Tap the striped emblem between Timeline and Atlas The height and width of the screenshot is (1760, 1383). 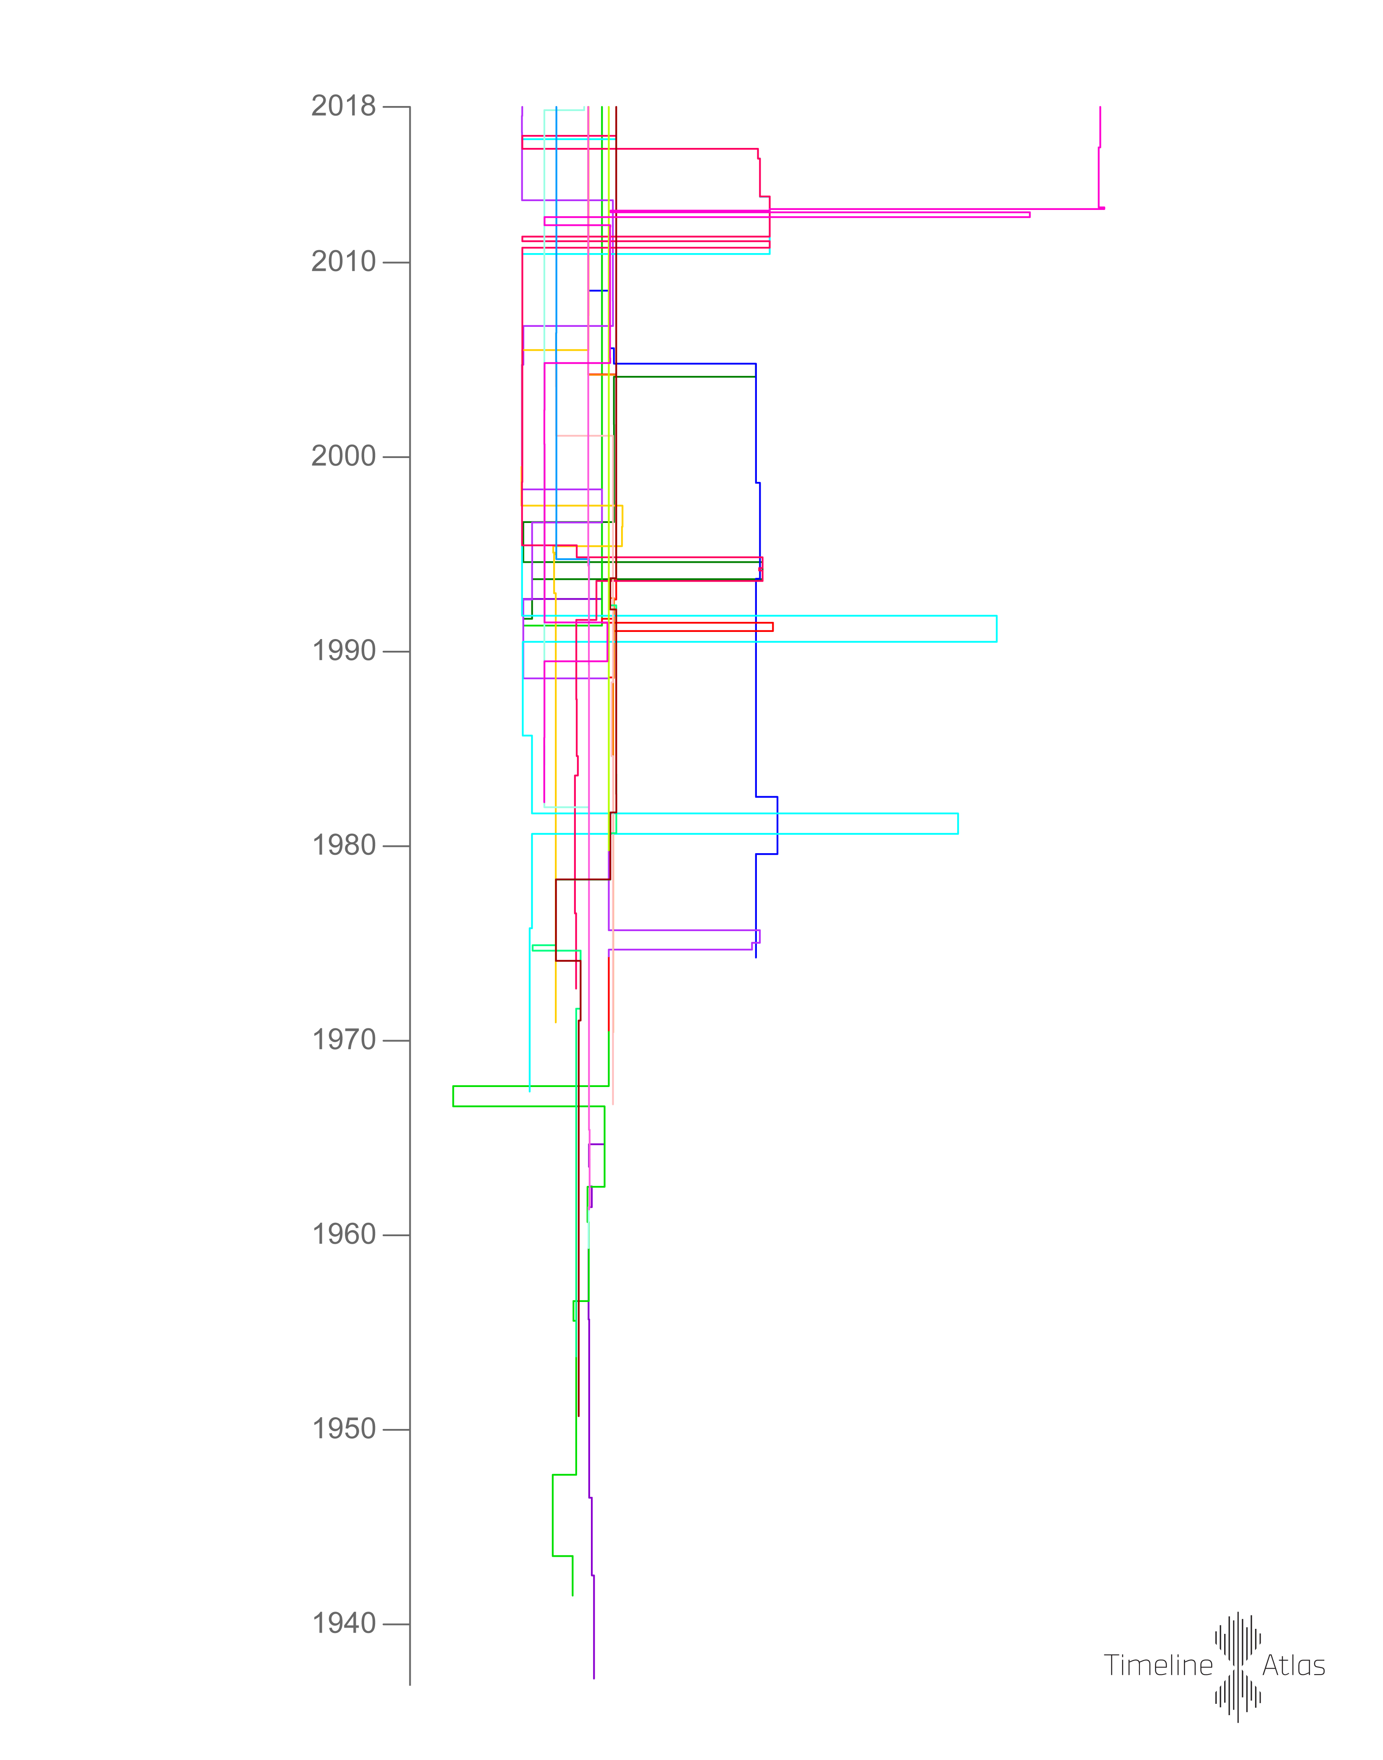1237,1666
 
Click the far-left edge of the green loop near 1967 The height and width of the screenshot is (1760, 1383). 453,1096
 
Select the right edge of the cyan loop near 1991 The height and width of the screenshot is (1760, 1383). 997,629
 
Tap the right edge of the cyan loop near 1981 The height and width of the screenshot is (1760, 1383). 958,823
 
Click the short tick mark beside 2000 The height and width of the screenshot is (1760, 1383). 396,458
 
